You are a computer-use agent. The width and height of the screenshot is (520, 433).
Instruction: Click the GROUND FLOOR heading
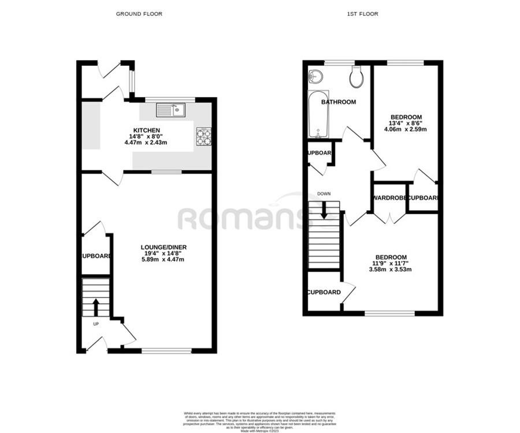click(x=139, y=14)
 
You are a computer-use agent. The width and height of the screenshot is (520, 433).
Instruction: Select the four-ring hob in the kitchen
click(x=204, y=136)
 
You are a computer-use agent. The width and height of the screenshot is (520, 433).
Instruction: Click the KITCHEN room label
click(x=147, y=130)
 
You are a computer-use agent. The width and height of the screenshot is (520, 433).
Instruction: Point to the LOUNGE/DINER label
click(x=165, y=247)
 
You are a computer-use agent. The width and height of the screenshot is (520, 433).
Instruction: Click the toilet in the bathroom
click(x=356, y=77)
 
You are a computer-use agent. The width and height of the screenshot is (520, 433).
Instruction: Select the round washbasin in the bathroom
click(x=314, y=76)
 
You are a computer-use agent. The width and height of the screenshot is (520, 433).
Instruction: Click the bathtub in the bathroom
click(x=319, y=114)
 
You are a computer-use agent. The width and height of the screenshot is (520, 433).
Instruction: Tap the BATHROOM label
click(x=339, y=102)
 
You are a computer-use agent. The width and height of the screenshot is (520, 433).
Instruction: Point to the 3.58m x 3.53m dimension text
click(x=391, y=270)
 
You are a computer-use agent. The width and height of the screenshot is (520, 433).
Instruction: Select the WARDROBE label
click(x=390, y=198)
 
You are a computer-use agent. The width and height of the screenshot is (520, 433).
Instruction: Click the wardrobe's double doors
click(x=390, y=218)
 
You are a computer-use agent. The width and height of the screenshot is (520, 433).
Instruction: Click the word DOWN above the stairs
click(x=324, y=194)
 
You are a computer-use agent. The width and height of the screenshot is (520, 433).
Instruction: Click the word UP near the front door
click(x=96, y=324)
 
